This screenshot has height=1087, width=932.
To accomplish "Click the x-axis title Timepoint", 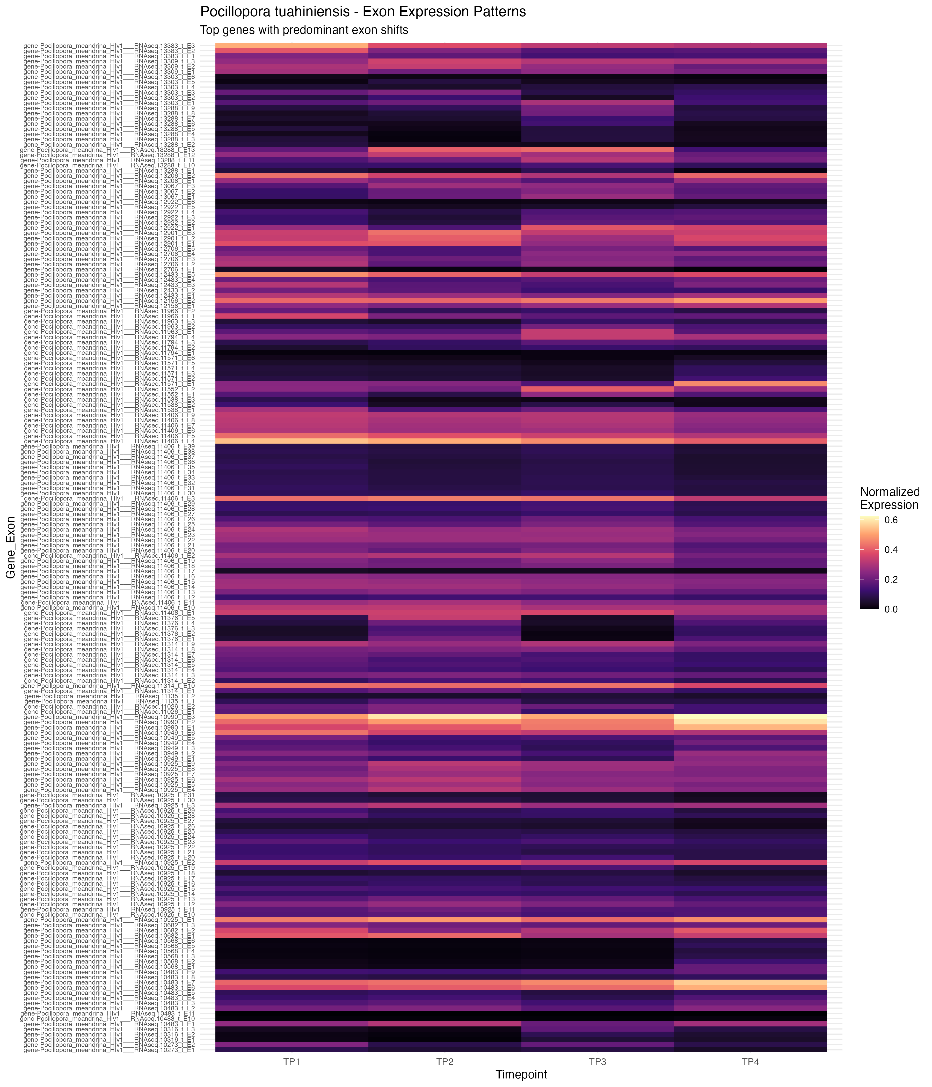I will pyautogui.click(x=521, y=1074).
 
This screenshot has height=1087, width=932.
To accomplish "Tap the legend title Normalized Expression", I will pyautogui.click(x=890, y=498).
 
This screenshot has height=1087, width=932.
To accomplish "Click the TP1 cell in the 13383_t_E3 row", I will pyautogui.click(x=291, y=46).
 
